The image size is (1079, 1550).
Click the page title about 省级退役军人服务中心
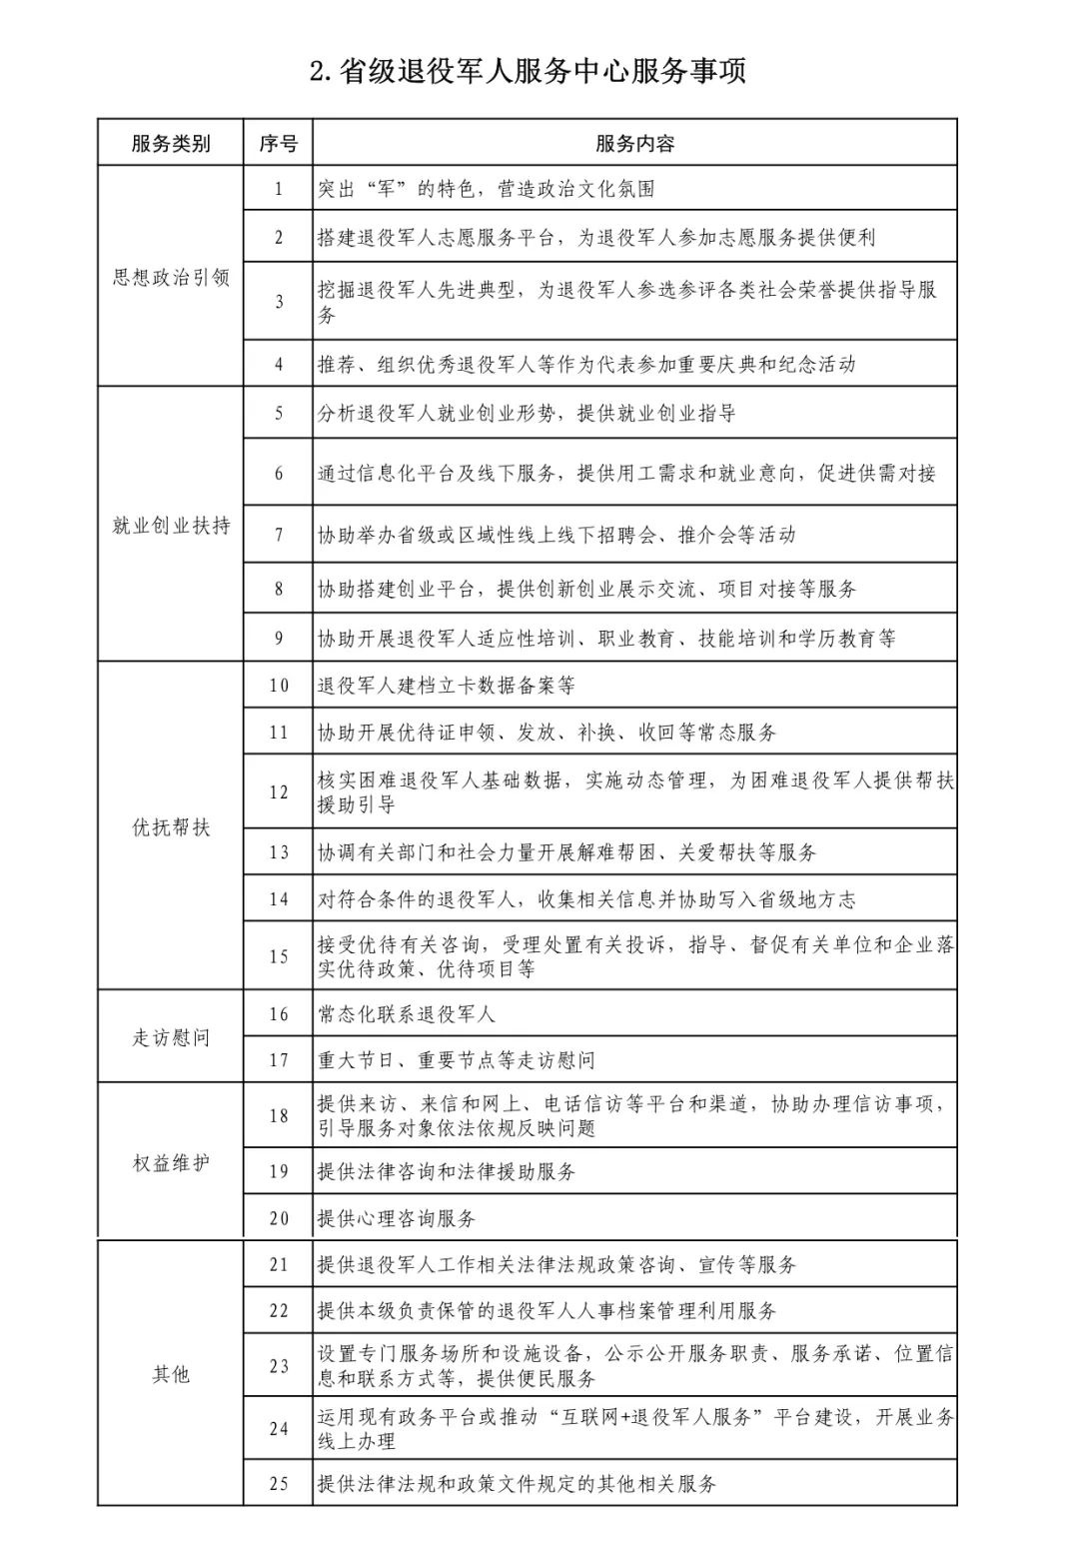528,72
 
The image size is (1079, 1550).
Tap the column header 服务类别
171,143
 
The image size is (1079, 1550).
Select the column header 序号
278,143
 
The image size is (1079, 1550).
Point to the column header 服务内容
634,143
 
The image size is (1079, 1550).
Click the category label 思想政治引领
171,277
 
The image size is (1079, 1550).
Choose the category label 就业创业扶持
171,525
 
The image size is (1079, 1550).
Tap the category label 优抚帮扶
171,827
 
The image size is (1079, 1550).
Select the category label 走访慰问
171,1037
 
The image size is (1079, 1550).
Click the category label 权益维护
171,1163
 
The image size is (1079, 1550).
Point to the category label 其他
171,1374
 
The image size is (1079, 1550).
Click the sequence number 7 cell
279,535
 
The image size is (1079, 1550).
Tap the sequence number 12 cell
279,791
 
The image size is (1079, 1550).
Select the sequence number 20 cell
279,1218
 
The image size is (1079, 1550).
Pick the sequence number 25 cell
279,1483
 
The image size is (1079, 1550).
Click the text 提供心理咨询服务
397,1218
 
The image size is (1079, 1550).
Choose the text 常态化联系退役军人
407,1014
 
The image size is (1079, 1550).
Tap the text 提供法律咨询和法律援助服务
447,1171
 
